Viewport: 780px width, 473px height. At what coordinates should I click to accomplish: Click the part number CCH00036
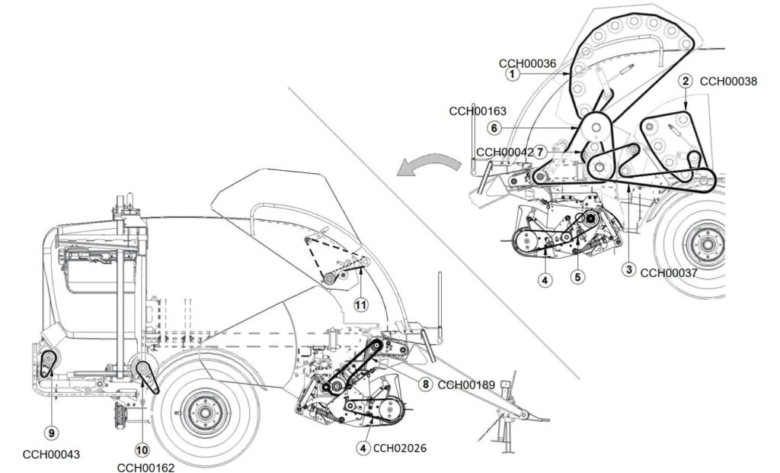coord(526,62)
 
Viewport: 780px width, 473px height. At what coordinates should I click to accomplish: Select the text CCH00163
coord(478,111)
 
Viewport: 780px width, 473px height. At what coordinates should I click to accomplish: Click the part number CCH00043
coord(51,455)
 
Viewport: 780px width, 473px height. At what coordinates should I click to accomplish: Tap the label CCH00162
coord(145,467)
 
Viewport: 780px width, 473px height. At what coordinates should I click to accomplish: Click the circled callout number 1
coord(513,74)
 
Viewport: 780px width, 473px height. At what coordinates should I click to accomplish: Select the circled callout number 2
coord(686,81)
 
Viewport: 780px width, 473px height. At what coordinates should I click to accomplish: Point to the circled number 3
coord(629,269)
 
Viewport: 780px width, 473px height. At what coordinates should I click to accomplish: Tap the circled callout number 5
coord(578,278)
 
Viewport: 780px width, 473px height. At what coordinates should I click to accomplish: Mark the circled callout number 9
coord(52,433)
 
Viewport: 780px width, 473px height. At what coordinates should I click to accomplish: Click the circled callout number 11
coord(360,304)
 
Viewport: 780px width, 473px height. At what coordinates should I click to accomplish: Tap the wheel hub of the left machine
coord(202,412)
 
